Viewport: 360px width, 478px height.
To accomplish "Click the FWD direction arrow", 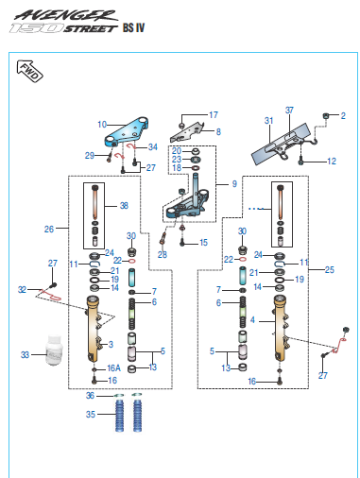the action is tap(29, 71).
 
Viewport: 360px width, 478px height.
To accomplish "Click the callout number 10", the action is tap(102, 125).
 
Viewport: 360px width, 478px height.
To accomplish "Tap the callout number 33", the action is tap(25, 355).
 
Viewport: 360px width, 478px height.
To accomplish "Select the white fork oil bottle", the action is tap(55, 350).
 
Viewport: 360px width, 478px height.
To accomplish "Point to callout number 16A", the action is tap(113, 368).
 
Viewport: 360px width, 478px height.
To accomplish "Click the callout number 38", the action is tap(124, 206).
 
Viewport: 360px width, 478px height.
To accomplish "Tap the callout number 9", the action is tap(234, 184).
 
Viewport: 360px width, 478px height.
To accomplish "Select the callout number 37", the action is tap(289, 111).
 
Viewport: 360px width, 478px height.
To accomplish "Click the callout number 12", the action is tap(332, 162).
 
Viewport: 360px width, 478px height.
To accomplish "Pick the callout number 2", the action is tap(343, 116).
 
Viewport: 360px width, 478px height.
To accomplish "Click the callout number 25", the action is tap(330, 270).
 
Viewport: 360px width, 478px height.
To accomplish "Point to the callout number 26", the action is tap(49, 229).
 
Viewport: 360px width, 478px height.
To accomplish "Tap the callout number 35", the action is tap(91, 415).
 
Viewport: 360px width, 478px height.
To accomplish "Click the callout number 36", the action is tap(90, 396).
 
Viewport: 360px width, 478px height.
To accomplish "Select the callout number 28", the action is tap(163, 254).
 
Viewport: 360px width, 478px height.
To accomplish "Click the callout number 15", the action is tap(203, 243).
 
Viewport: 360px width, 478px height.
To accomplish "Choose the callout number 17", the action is tap(214, 115).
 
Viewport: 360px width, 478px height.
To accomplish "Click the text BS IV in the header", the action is tap(134, 27).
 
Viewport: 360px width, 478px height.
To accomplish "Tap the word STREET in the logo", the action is tap(90, 29).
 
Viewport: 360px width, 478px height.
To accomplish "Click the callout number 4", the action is tap(252, 320).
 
